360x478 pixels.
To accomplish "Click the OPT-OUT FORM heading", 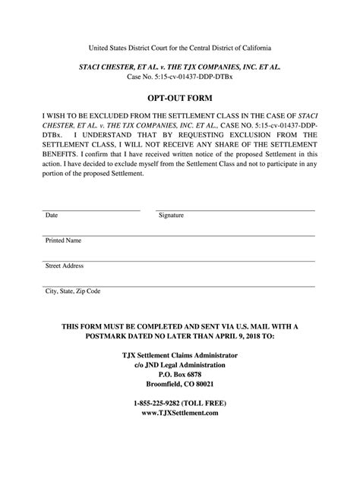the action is tap(179, 99).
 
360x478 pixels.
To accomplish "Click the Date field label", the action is tap(52, 215).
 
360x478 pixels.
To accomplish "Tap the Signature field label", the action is tap(171, 215).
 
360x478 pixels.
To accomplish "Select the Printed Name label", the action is tap(64, 241).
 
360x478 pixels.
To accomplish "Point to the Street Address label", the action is tap(65, 266).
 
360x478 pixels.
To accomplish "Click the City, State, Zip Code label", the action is tap(73, 291).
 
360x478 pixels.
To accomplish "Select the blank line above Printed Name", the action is tap(179, 234).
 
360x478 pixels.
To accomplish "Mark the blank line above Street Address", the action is tap(179, 259).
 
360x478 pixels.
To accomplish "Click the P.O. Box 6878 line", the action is tap(179, 374).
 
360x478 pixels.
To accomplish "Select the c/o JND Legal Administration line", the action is tap(179, 364).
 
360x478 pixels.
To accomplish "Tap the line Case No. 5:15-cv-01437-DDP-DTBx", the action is tap(179, 77).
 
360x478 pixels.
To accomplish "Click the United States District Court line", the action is tap(179, 47).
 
